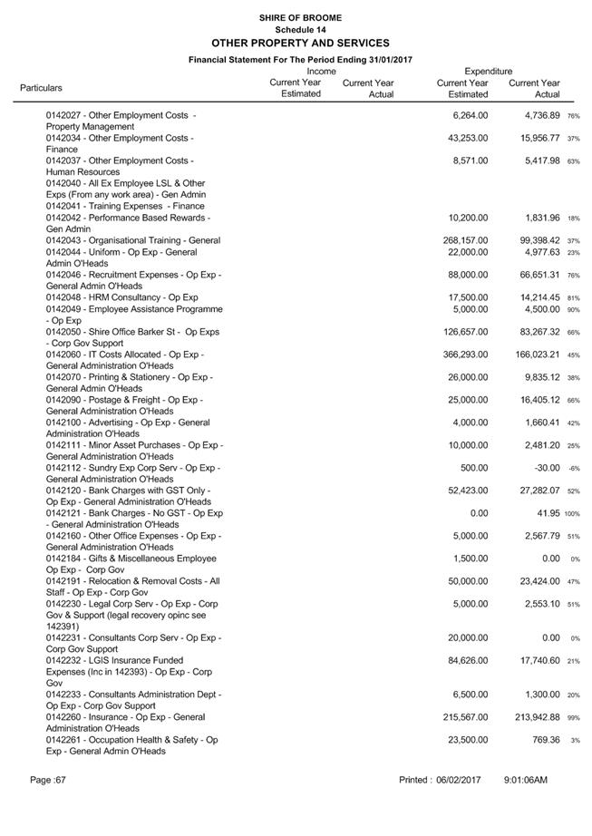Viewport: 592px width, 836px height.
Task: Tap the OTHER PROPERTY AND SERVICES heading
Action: [300, 43]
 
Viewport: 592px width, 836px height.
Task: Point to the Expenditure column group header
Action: [488, 71]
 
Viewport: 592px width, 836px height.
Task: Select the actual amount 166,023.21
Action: [535, 355]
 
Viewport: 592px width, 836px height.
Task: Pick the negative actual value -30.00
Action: [547, 468]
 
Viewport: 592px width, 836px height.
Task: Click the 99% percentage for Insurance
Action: [573, 718]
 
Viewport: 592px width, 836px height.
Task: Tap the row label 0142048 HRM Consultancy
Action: [122, 297]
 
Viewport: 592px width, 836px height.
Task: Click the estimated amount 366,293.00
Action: [462, 355]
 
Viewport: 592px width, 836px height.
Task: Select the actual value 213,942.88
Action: [535, 717]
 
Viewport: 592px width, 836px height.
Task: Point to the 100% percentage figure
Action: [572, 514]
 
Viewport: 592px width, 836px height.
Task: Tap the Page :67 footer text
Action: [48, 780]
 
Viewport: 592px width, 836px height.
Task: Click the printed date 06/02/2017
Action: [457, 780]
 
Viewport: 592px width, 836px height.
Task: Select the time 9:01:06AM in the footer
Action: [526, 780]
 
